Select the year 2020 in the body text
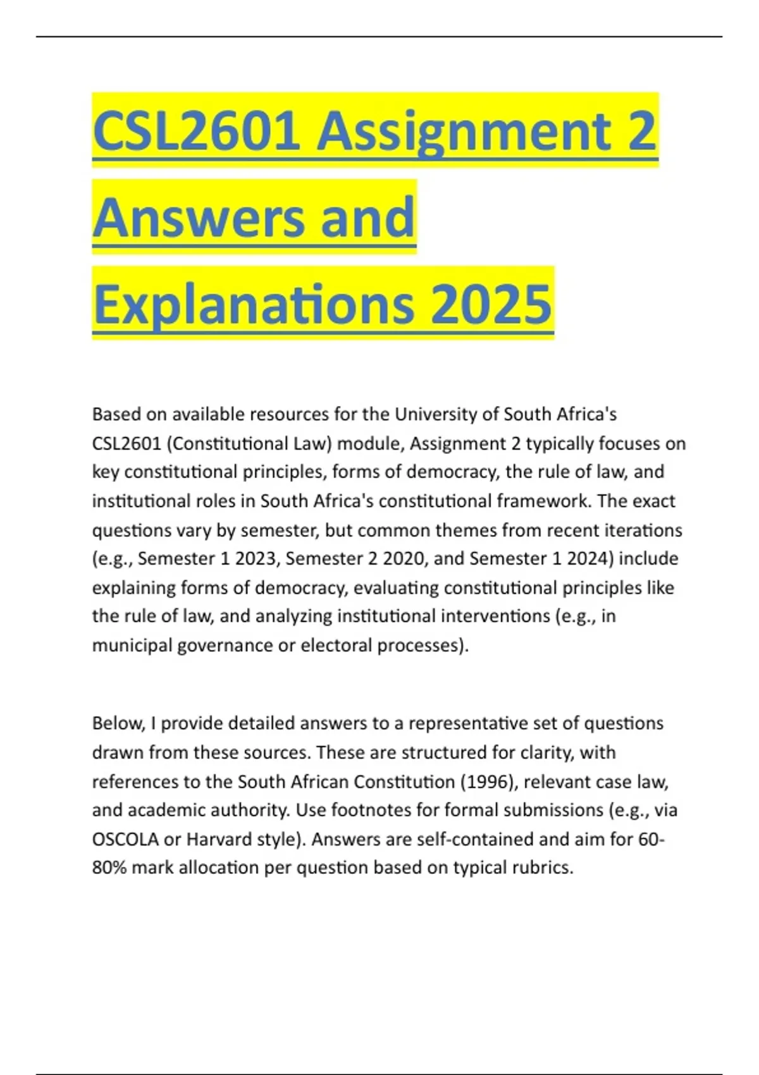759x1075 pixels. tap(405, 558)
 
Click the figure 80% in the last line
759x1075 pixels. tap(109, 868)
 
